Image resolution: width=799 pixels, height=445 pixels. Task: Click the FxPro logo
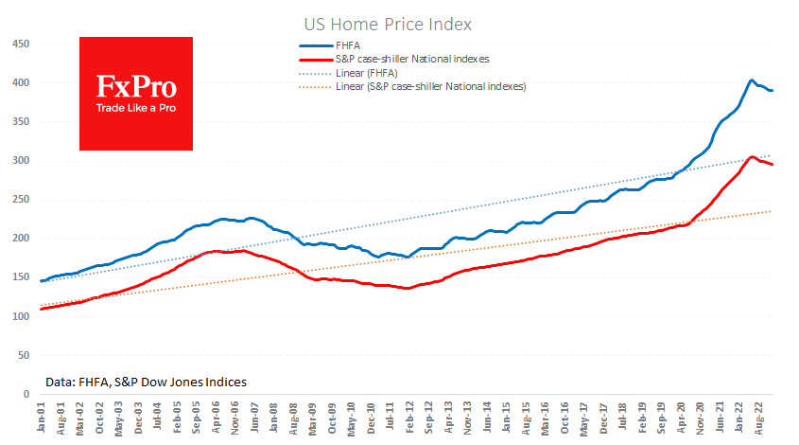tap(136, 93)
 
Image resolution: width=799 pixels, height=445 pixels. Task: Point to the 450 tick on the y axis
tap(19, 44)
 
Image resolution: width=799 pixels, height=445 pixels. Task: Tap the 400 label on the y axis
tap(19, 82)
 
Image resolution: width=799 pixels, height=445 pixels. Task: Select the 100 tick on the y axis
tap(19, 315)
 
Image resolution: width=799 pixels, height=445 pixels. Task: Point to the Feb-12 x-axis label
tap(408, 418)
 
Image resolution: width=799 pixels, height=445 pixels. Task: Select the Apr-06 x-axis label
tap(217, 418)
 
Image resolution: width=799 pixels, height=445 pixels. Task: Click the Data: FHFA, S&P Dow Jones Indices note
tap(146, 382)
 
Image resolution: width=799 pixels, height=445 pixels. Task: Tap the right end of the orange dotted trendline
tap(771, 211)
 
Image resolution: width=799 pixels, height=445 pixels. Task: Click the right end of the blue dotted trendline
tap(771, 156)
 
